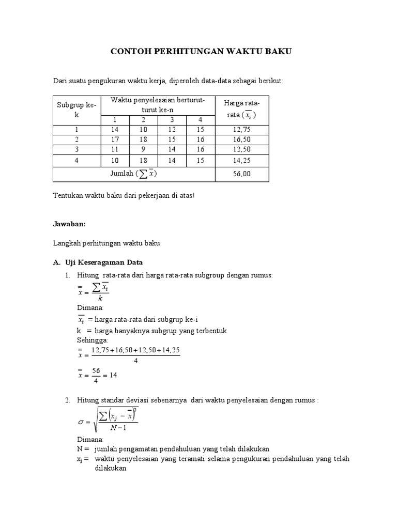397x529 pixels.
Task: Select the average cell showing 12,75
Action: [241, 130]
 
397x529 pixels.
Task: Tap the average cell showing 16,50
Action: [241, 139]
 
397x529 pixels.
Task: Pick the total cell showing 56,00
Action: [241, 174]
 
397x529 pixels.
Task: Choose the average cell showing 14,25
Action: [241, 160]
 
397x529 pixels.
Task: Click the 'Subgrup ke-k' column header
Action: [77, 110]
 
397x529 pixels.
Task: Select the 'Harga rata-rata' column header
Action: [241, 110]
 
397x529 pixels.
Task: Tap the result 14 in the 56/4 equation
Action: [113, 376]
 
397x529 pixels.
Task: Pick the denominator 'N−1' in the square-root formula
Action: [119, 428]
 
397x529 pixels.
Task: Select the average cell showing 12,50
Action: [241, 149]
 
